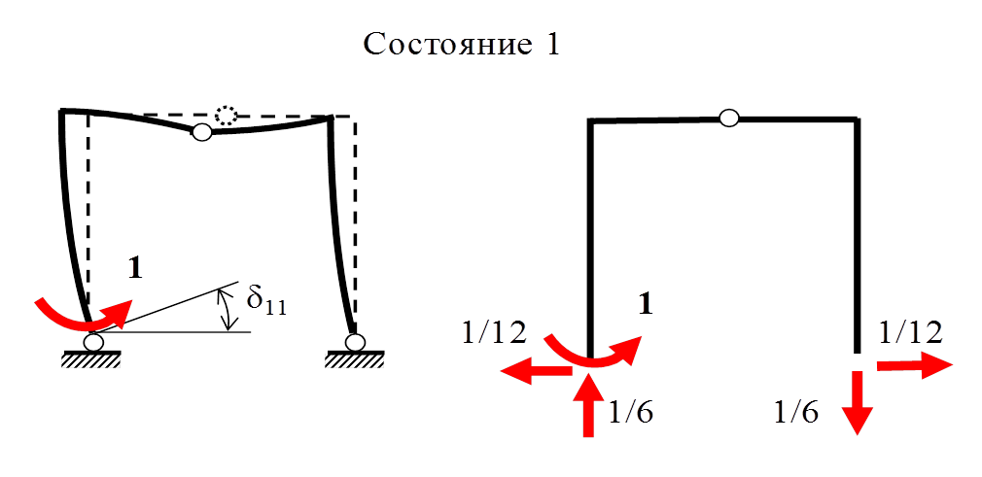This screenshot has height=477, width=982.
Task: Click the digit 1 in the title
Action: click(x=551, y=45)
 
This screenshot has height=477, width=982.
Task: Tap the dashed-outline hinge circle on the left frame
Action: click(x=227, y=115)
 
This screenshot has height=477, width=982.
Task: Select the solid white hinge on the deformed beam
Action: click(x=201, y=132)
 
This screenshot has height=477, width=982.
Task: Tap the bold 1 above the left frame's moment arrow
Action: click(x=135, y=268)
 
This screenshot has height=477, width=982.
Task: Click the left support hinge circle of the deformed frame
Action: click(x=93, y=342)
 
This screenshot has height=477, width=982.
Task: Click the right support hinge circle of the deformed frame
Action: click(x=355, y=342)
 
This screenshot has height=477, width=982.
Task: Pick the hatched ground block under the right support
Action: click(x=353, y=360)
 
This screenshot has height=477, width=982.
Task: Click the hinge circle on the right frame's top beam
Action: click(x=728, y=119)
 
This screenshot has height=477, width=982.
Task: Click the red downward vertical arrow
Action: click(x=857, y=404)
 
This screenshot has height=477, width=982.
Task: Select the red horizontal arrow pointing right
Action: click(x=914, y=365)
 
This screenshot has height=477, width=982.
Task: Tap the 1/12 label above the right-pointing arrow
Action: click(x=911, y=332)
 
